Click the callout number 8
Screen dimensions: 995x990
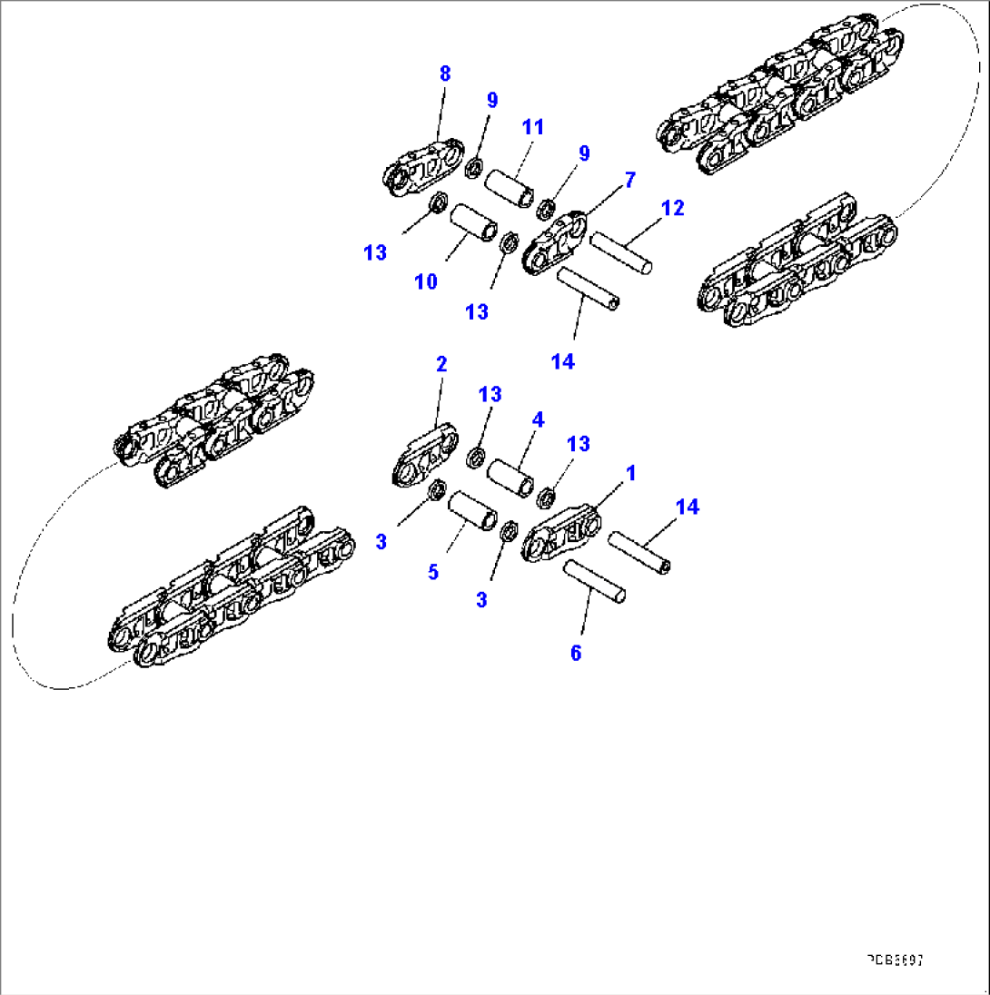(444, 74)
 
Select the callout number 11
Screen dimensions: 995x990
(532, 127)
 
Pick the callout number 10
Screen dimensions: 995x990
(426, 281)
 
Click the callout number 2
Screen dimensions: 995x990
(441, 365)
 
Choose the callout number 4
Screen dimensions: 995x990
(539, 419)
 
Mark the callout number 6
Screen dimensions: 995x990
(575, 653)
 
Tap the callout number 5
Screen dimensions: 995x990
(433, 572)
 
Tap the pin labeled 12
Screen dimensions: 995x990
(622, 251)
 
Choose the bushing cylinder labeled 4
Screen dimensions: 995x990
(514, 478)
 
